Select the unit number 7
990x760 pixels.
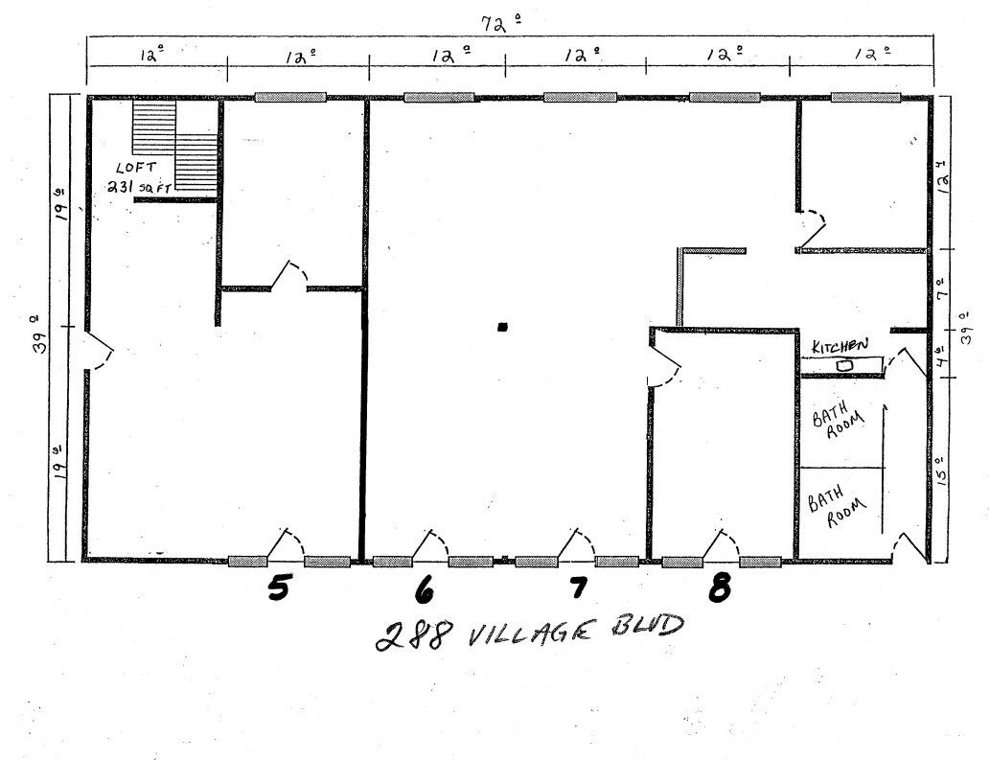pos(578,588)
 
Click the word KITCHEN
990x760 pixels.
pos(840,345)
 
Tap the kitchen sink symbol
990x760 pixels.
pos(844,365)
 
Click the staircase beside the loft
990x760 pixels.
pos(174,146)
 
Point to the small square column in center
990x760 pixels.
pos(502,327)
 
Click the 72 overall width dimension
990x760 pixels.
pos(495,24)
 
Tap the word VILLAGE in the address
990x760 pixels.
pos(518,632)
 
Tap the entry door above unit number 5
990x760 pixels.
pos(285,544)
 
